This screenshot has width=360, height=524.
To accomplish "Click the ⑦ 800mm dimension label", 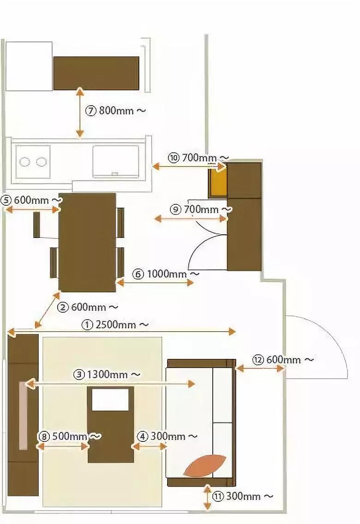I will tap(116, 111).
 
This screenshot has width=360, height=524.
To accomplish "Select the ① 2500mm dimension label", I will tap(115, 325).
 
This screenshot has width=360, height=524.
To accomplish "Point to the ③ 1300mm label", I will tap(107, 374).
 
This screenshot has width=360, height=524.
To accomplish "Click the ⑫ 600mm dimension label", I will tap(283, 359).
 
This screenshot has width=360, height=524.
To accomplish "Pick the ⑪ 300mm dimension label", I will tap(243, 496).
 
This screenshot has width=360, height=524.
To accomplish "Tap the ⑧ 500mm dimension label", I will tap(70, 436).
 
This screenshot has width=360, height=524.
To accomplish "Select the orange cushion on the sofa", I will tap(205, 465).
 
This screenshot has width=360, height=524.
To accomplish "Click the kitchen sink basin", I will tap(115, 161).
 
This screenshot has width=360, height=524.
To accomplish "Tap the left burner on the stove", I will tap(25, 162).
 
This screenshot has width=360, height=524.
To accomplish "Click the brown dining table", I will tap(87, 242).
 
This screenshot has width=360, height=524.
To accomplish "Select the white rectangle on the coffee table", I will tap(110, 399).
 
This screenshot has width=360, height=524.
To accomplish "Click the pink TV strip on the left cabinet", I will tap(23, 415).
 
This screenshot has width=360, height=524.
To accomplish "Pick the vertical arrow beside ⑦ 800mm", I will tap(80, 113).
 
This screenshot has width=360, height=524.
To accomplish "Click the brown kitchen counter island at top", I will tap(96, 73).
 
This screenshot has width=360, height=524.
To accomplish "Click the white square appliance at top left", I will tap(29, 66).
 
